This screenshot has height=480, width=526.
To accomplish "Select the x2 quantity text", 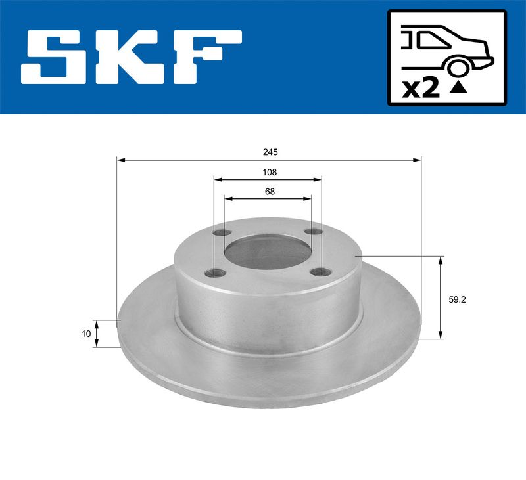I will pyautogui.click(x=420, y=89).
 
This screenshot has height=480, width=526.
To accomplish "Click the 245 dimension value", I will pyautogui.click(x=270, y=152).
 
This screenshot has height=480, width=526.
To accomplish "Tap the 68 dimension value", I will pyautogui.click(x=269, y=191).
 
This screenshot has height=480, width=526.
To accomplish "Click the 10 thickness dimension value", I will pyautogui.click(x=86, y=334).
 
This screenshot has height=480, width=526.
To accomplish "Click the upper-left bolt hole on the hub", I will pyautogui.click(x=223, y=232).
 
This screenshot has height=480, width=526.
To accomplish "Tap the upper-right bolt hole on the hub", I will pyautogui.click(x=314, y=232).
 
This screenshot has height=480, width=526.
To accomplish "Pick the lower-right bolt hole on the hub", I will pyautogui.click(x=320, y=273).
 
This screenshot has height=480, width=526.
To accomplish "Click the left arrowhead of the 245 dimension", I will pyautogui.click(x=120, y=160).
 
